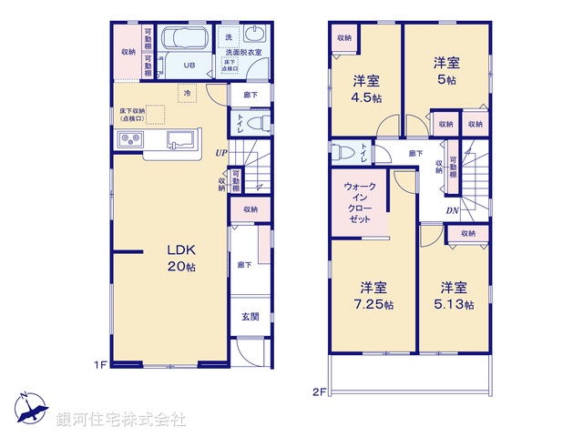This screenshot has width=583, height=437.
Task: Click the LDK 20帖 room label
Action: coord(179,259)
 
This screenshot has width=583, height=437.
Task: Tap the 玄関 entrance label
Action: coord(250,317)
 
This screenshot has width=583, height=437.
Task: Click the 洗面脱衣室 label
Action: coord(243,53)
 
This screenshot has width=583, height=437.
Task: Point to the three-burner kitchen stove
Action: coord(130,139)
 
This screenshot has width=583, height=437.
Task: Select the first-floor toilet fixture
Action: coord(255,123)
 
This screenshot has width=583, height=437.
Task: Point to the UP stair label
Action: coord(221,153)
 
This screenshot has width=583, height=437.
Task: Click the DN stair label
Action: coord(452,212)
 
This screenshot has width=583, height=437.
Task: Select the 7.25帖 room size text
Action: coord(374,304)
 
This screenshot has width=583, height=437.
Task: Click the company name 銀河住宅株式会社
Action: coord(120,419)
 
